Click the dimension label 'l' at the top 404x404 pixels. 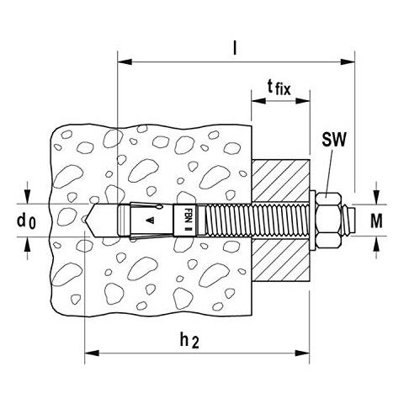[236, 49]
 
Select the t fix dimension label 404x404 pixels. [279, 88]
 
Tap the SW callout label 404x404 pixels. [334, 139]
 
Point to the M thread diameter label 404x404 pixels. [376, 221]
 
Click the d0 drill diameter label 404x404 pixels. [26, 221]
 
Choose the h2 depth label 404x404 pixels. [189, 341]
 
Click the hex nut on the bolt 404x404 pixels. [328, 221]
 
